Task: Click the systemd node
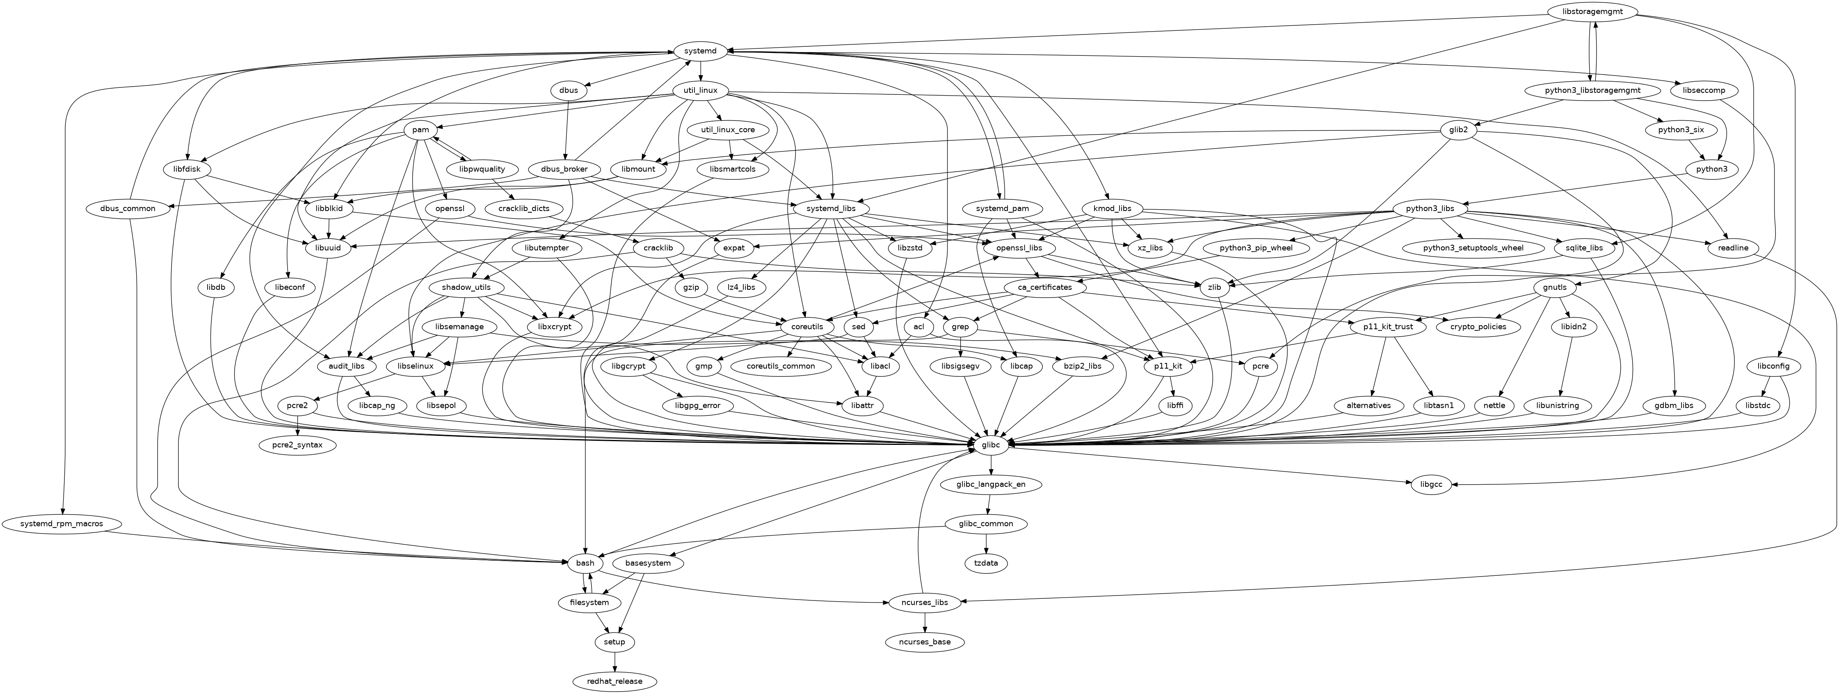pos(700,51)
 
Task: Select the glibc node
pos(991,445)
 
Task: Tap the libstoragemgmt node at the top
pos(1593,12)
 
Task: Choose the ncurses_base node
pos(925,642)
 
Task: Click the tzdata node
pos(986,563)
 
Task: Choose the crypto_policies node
pos(1478,327)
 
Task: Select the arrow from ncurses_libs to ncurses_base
pos(925,622)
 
